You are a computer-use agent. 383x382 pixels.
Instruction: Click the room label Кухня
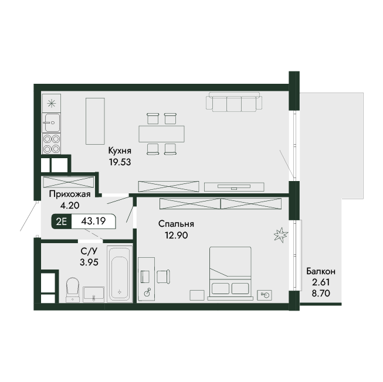(120, 151)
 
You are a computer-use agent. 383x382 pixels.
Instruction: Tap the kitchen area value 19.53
(120, 162)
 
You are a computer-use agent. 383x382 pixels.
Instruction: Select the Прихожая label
(70, 194)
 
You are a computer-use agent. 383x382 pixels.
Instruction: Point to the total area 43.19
(93, 221)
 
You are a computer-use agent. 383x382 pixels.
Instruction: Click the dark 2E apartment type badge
(62, 221)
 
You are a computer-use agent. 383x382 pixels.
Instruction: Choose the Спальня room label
(176, 224)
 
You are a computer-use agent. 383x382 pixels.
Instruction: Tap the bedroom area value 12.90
(176, 236)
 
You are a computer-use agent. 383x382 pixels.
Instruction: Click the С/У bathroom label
(89, 251)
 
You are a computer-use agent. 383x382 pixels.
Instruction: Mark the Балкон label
(321, 271)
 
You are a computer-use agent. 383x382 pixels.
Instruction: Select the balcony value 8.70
(321, 293)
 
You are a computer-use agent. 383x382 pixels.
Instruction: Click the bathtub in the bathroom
(120, 274)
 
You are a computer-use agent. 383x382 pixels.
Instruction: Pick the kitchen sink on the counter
(51, 122)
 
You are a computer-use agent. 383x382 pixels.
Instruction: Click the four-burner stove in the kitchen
(51, 144)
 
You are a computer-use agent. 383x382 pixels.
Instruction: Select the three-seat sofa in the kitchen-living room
(234, 102)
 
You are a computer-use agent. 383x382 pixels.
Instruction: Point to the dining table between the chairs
(161, 134)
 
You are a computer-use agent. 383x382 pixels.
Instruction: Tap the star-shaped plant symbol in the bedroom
(281, 235)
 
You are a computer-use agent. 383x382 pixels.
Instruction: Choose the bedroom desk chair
(163, 277)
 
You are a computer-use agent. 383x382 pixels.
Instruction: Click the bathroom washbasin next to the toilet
(94, 295)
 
